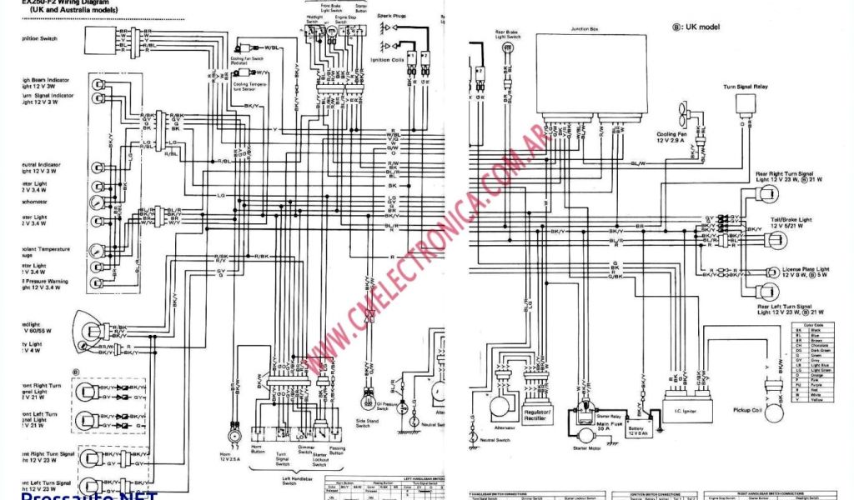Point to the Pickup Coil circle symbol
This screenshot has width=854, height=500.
(777, 408)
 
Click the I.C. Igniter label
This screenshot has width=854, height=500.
(688, 410)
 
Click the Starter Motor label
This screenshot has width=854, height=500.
(586, 447)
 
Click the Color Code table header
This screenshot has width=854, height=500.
(813, 324)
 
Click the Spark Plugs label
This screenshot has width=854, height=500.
(391, 16)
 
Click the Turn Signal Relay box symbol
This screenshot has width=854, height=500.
(746, 104)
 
